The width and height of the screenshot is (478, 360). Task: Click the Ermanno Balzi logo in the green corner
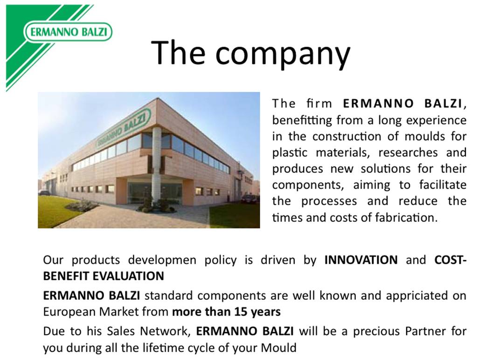pos(68,32)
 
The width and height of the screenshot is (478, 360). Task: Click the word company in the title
pos(283,53)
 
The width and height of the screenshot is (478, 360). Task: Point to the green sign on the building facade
pos(124,128)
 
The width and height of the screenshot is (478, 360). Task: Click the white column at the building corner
pos(156,165)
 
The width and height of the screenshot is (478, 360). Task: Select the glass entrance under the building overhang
pos(154,193)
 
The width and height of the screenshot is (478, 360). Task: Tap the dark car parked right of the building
pos(250,199)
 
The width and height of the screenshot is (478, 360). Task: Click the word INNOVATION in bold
pos(361,260)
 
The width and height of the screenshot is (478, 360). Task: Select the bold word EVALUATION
pos(128,276)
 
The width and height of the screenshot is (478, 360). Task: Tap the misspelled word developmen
pos(162,261)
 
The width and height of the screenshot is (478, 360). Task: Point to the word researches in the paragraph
pos(408,152)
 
